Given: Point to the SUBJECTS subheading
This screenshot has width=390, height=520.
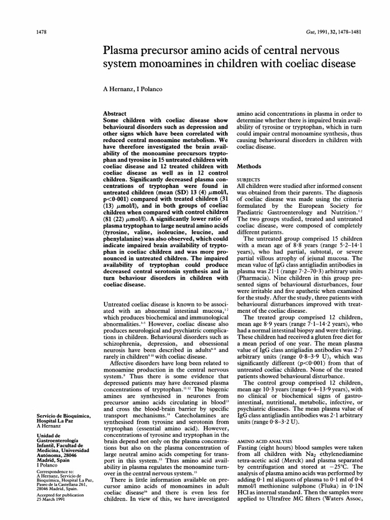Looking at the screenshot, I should tap(248, 179).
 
